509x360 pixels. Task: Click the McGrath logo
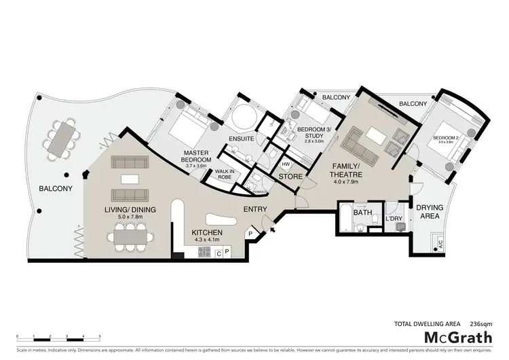458,338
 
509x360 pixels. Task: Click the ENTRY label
255,209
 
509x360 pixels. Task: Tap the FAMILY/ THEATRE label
347,170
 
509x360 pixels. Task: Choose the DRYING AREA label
429,211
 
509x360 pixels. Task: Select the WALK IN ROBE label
226,173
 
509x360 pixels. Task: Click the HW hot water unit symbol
286,164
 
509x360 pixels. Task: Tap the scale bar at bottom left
58,337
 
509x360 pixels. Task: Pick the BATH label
363,212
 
